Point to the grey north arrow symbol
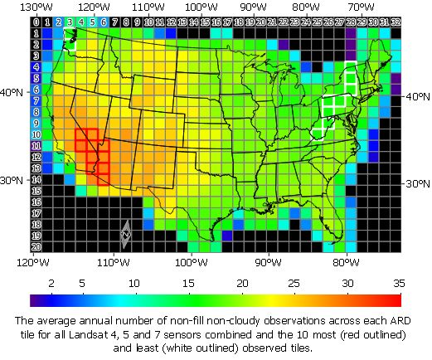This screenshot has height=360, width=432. (x=126, y=235)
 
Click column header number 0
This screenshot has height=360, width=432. (x=36, y=21)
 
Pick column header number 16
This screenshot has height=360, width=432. (x=216, y=21)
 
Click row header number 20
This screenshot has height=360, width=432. (x=36, y=246)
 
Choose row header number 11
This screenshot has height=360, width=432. (x=36, y=145)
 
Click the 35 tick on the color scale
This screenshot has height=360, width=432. (x=398, y=284)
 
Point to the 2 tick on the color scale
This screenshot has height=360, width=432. (x=51, y=284)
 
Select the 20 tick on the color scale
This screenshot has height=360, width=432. (x=243, y=284)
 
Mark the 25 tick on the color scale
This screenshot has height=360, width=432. (x=294, y=284)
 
